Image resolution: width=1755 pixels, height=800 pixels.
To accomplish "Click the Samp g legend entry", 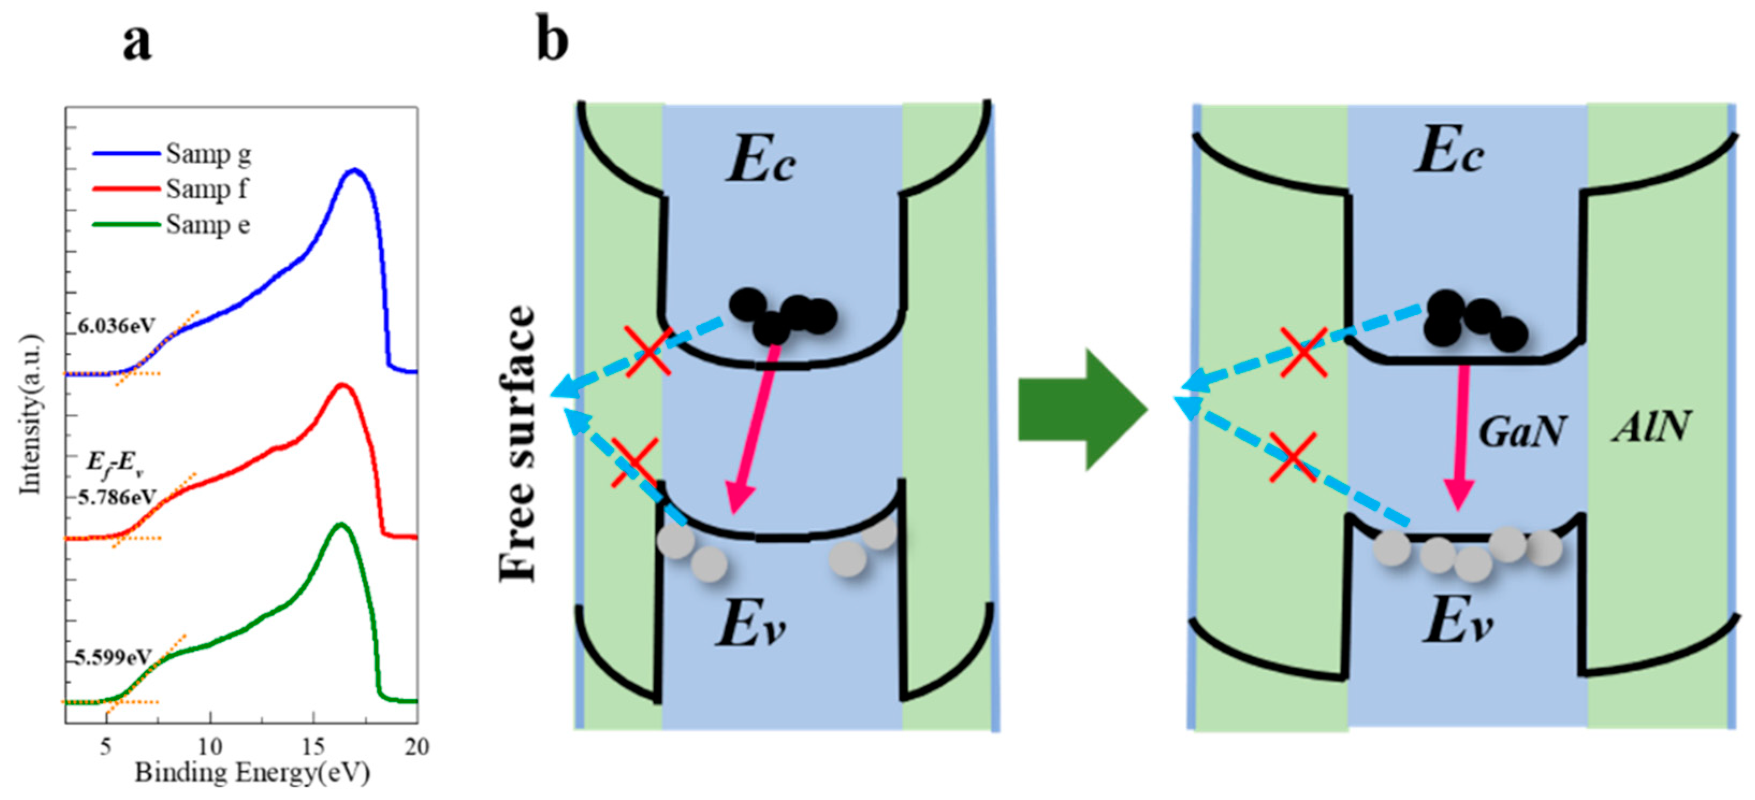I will [x=208, y=155].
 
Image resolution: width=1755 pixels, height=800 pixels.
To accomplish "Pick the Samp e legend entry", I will [x=207, y=225].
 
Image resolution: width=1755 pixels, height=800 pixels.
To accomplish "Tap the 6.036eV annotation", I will [x=116, y=326].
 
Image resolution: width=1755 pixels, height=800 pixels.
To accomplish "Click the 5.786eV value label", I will [x=117, y=497].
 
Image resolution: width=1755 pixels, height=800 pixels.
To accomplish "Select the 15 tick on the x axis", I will [x=314, y=747].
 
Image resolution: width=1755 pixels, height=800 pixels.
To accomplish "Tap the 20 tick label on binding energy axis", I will [x=416, y=747].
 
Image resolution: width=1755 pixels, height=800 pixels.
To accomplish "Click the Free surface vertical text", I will [x=518, y=443].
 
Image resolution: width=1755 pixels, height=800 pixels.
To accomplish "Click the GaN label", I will [x=1521, y=431].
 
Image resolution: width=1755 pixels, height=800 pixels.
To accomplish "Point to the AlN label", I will [x=1651, y=427].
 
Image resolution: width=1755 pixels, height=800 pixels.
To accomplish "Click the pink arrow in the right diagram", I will [x=1459, y=436].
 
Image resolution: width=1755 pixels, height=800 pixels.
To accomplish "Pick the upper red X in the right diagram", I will [x=1302, y=352].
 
